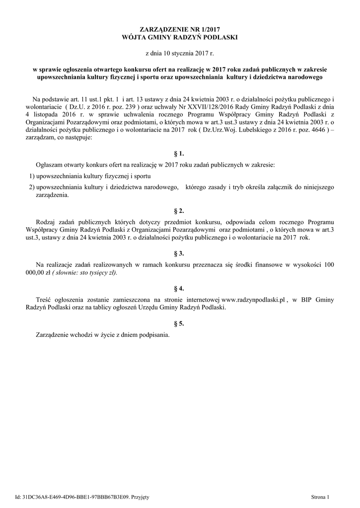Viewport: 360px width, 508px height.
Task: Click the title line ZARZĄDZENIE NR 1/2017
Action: [180, 31]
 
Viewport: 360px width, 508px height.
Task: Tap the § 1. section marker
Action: [180, 153]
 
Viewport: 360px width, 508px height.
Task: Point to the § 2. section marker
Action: [180, 211]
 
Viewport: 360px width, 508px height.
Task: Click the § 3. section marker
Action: [180, 253]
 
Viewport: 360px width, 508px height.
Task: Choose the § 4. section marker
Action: [180, 288]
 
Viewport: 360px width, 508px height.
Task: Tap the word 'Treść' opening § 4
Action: [45, 300]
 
